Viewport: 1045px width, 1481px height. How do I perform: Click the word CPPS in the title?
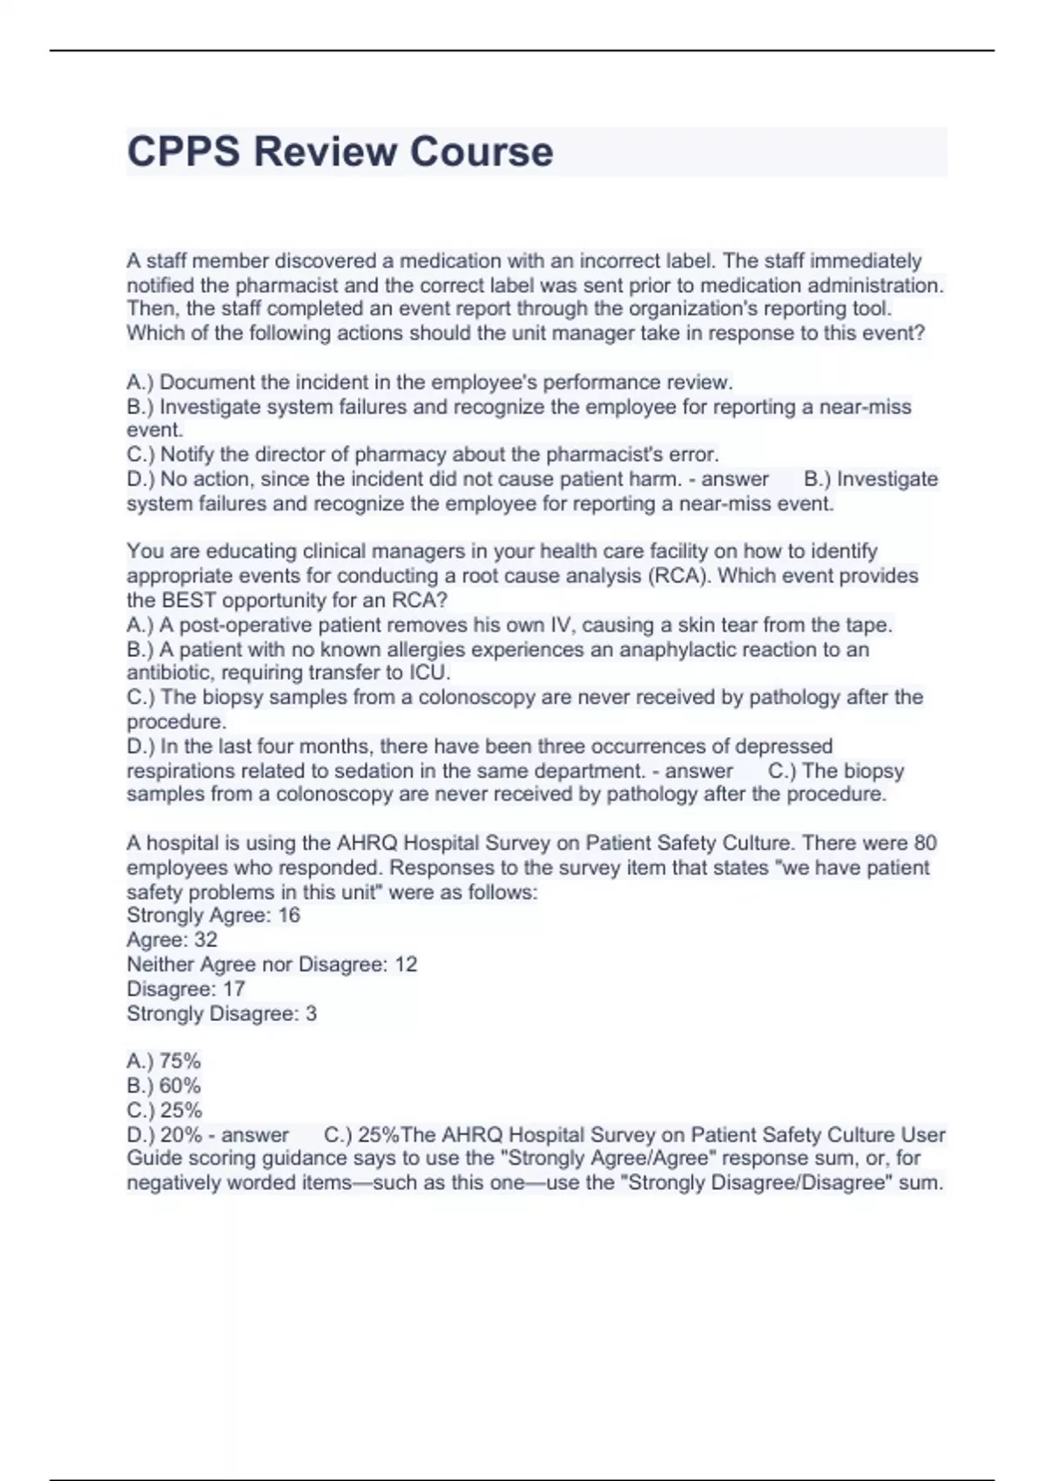coord(183,152)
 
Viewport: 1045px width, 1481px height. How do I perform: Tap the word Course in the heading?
coord(482,152)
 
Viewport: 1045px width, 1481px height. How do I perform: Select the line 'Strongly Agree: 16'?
coord(213,915)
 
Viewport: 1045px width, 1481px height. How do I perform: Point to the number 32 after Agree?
coord(206,939)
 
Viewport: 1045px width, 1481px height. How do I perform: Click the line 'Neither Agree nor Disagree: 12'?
coord(272,964)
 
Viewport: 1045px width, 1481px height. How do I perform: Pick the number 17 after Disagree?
coord(233,989)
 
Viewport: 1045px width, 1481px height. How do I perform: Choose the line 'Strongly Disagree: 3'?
coord(221,1013)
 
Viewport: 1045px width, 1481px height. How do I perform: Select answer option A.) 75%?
coord(164,1060)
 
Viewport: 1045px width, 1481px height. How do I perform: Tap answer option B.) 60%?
coord(164,1085)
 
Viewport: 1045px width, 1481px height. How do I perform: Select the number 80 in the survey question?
coord(925,842)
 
